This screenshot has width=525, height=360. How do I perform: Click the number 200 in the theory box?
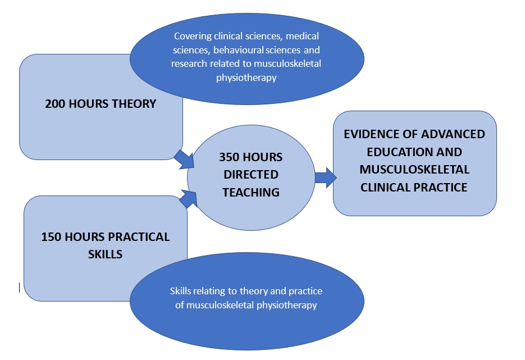pyautogui.click(x=55, y=104)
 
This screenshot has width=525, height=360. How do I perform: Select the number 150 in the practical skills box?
pyautogui.click(x=51, y=237)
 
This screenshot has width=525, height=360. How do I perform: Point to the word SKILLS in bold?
pyautogui.click(x=105, y=254)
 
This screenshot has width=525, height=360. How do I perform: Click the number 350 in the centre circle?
pyautogui.click(x=229, y=157)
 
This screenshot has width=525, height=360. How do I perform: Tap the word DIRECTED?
pyautogui.click(x=251, y=175)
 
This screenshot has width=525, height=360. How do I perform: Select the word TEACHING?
pyautogui.click(x=251, y=192)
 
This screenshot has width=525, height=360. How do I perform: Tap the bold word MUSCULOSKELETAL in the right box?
pyautogui.click(x=414, y=170)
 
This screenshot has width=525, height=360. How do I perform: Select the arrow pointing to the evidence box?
pyautogui.click(x=326, y=177)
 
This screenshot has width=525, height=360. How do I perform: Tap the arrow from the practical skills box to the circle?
pyautogui.click(x=188, y=198)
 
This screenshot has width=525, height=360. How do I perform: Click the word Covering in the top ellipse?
pyautogui.click(x=193, y=36)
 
